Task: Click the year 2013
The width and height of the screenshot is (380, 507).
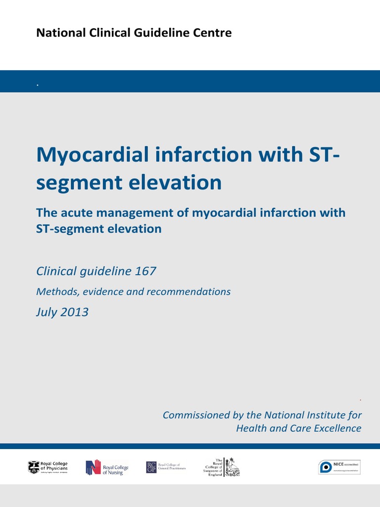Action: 75,312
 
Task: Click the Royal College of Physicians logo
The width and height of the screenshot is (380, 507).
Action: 48,467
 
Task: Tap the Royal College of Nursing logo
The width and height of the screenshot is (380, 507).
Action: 107,467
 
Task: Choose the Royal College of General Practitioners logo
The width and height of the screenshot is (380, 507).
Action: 166,467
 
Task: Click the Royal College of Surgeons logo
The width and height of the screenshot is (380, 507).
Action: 223,467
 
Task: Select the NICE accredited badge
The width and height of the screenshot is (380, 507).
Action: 339,467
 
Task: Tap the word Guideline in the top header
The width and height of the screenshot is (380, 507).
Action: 162,33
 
